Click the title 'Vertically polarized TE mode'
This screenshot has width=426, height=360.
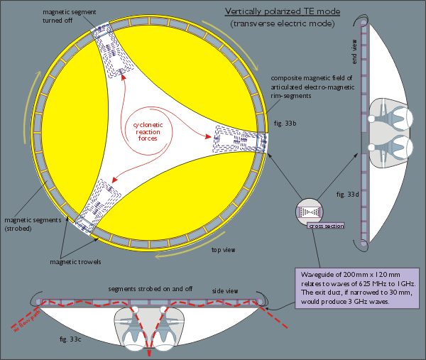(x=282, y=12)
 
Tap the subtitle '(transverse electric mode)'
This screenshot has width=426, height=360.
(x=282, y=25)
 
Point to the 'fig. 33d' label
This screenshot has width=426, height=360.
(x=346, y=193)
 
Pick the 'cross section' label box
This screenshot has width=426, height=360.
(x=325, y=226)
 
